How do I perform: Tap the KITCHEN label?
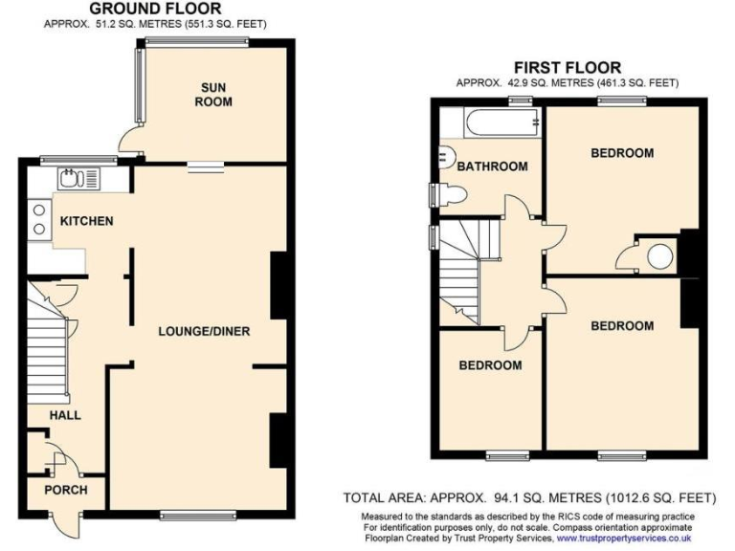[x=87, y=221]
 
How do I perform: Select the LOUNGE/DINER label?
[x=204, y=332]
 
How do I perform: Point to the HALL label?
[x=66, y=415]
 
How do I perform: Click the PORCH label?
[x=66, y=490]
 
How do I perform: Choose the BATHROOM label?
[x=492, y=166]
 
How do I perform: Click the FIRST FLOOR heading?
[x=567, y=67]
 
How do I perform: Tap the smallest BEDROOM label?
[x=490, y=365]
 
